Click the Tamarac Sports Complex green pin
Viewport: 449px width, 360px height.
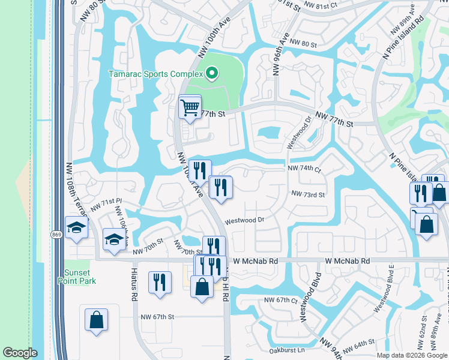[211, 74]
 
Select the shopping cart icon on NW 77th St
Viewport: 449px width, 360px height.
[190, 108]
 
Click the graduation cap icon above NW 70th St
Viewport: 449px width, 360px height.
[114, 240]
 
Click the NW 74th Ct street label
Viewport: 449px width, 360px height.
[304, 169]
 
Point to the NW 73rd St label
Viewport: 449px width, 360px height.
[308, 194]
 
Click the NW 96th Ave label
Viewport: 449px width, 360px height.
[277, 54]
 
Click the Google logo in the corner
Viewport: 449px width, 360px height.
[20, 353]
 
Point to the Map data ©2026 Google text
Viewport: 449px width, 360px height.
[412, 355]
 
